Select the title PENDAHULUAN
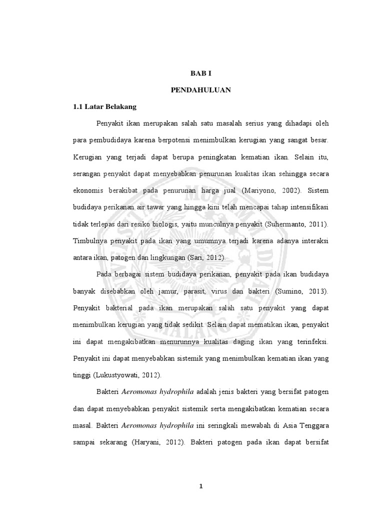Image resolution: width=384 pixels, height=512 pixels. pos(201,90)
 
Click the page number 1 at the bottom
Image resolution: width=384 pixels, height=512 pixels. pos(201,488)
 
